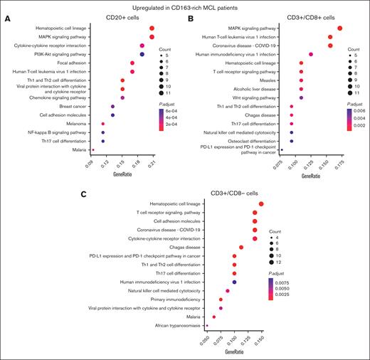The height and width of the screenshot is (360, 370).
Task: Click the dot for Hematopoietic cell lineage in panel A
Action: click(152, 28)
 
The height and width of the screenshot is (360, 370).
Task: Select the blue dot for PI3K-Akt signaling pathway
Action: click(142, 54)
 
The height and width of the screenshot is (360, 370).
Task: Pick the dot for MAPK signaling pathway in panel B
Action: click(340, 28)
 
